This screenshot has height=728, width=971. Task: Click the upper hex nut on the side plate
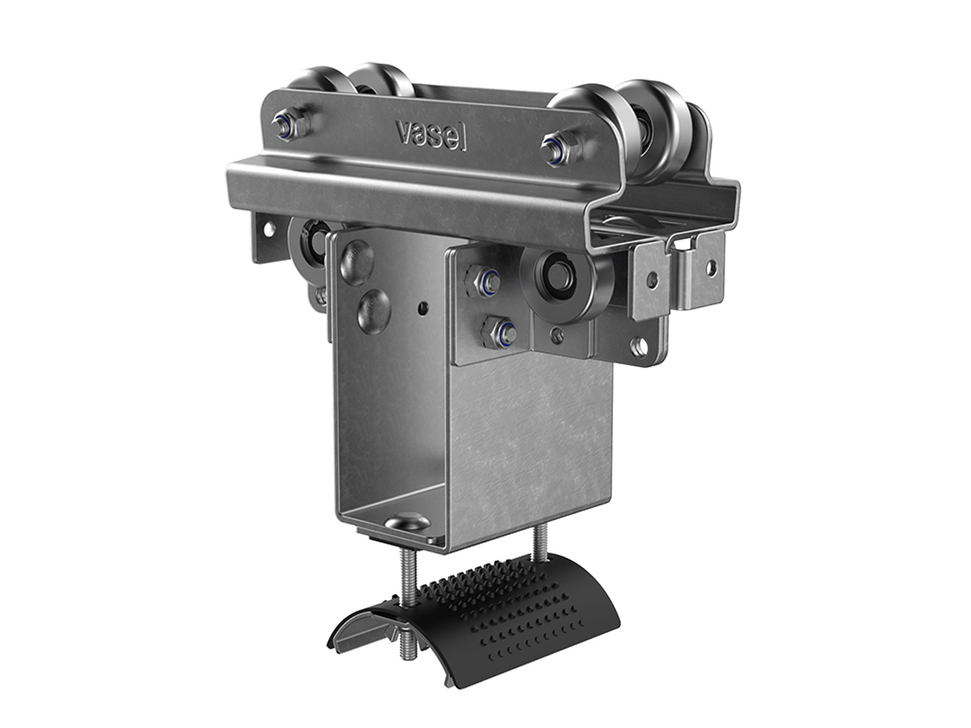pos(478,281)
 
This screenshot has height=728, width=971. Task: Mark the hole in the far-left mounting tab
pos(266,228)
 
